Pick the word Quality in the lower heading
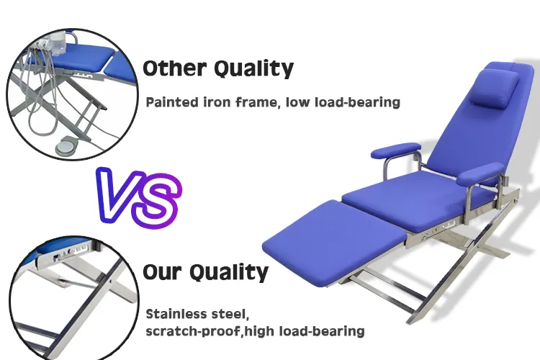[230, 273]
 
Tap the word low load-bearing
[343, 102]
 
